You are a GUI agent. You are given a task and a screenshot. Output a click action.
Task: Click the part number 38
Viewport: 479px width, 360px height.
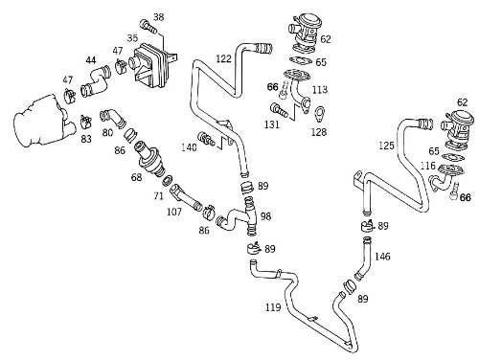tap(158, 17)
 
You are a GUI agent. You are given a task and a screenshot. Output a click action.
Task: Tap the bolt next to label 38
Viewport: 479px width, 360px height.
tap(148, 27)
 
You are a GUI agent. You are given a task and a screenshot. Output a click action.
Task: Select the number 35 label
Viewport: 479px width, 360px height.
tap(132, 38)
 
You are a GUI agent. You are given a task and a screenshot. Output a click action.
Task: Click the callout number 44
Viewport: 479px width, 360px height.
tap(91, 60)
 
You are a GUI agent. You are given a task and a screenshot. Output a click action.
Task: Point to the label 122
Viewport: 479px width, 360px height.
tap(223, 58)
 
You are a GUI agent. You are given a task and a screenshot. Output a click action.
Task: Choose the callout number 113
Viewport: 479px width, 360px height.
tap(320, 90)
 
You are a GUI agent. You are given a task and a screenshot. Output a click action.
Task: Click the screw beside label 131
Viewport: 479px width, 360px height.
tap(280, 110)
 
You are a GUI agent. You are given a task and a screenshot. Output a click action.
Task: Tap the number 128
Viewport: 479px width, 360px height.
tap(319, 132)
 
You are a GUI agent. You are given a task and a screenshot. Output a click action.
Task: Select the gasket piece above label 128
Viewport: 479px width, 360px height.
tap(318, 115)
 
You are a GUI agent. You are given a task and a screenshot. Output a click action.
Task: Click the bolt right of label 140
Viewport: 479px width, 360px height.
tap(206, 139)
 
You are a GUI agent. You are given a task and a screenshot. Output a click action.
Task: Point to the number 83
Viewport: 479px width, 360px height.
tap(86, 139)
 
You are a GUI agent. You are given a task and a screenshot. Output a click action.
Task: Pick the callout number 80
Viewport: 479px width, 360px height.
tap(107, 132)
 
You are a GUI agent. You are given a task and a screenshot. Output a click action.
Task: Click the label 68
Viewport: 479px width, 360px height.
tap(136, 176)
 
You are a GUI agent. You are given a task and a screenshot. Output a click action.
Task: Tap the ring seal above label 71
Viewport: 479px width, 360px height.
tap(168, 181)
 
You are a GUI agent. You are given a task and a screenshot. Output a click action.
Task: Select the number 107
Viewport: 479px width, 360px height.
tap(174, 212)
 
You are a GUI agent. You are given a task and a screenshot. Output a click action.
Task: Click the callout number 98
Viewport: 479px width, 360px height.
tap(265, 216)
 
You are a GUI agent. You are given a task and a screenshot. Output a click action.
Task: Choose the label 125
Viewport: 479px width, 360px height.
tap(386, 146)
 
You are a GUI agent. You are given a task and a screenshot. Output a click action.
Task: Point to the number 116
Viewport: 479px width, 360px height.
tap(428, 166)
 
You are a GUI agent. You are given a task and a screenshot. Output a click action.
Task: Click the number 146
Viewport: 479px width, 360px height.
tap(382, 257)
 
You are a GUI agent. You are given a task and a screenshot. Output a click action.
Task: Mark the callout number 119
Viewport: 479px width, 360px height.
tap(273, 307)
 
